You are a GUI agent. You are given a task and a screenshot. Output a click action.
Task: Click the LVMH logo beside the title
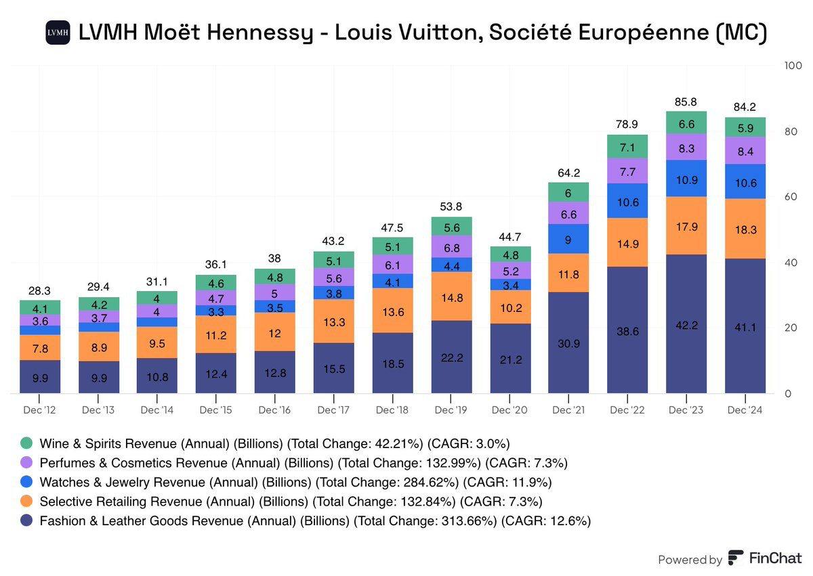point(58,32)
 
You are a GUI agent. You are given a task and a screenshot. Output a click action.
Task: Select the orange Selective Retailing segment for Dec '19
point(451,296)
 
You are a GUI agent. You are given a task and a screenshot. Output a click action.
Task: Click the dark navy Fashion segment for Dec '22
point(627,330)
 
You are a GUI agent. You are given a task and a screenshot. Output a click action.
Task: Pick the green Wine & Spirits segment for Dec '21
point(568,192)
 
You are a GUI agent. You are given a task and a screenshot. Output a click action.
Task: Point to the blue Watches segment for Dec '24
point(745,181)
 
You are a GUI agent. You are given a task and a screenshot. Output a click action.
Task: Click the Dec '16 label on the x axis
point(274,410)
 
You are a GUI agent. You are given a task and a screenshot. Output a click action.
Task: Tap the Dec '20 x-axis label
point(509,410)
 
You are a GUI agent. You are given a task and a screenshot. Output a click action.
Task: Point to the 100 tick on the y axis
point(791,66)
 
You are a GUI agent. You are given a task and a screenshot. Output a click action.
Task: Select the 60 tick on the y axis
point(790,197)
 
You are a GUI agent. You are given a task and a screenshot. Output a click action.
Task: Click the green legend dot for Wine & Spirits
point(26,443)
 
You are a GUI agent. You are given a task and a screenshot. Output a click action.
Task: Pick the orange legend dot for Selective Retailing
point(26,502)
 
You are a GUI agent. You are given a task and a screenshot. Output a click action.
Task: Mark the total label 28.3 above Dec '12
point(39,291)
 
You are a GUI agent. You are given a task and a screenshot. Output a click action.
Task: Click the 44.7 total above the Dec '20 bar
point(509,237)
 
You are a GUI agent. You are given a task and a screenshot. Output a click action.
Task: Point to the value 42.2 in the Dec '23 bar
point(686,324)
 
